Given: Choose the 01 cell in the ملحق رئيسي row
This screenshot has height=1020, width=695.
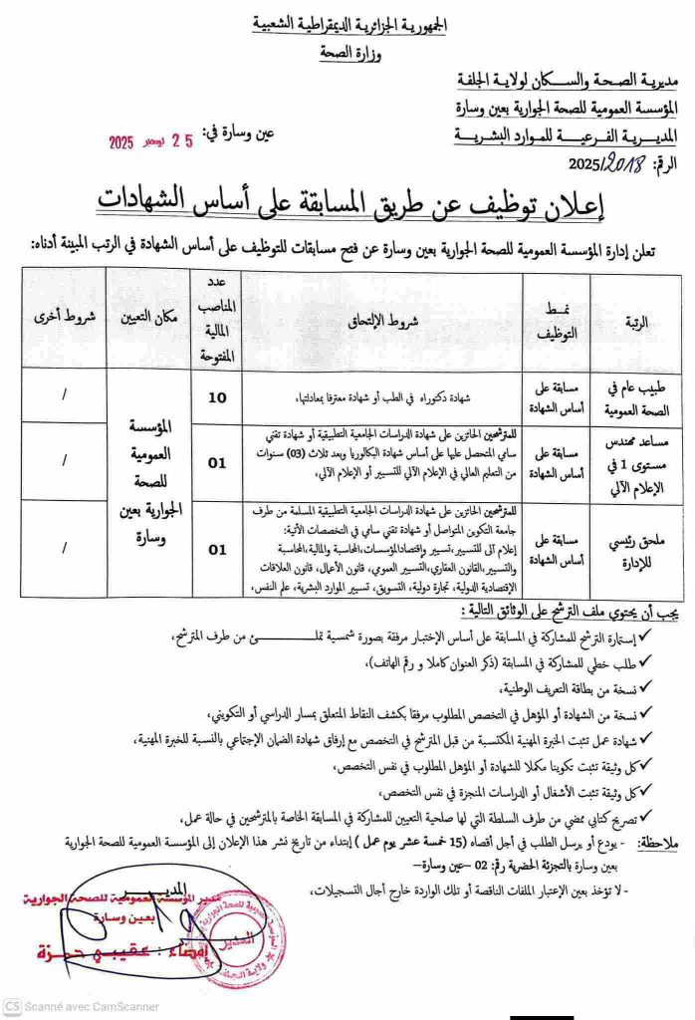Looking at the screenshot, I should [216, 549].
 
